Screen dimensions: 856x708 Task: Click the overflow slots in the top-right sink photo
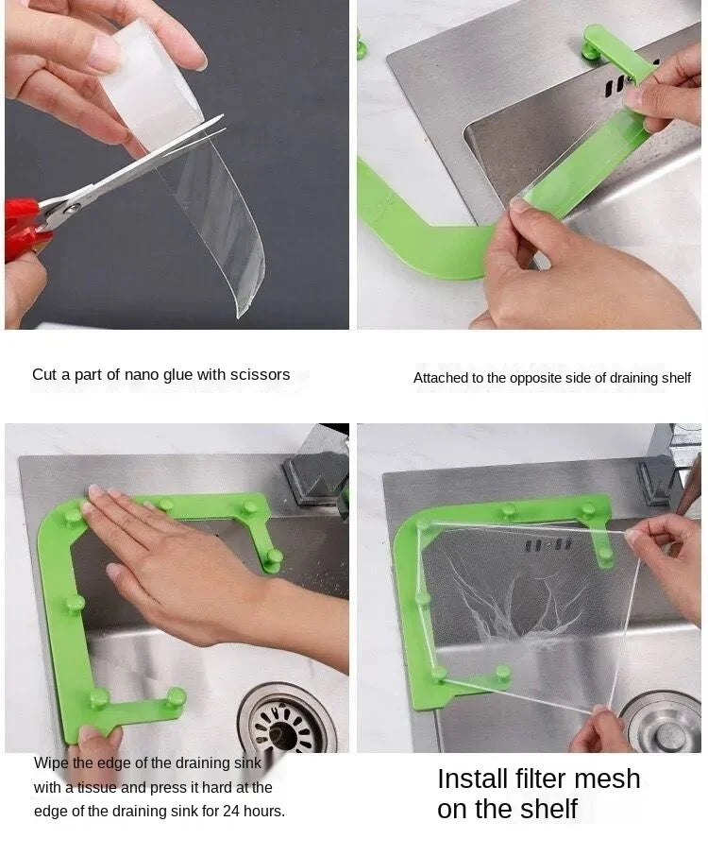tap(619, 88)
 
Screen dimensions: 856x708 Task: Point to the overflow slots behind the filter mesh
tap(547, 545)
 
